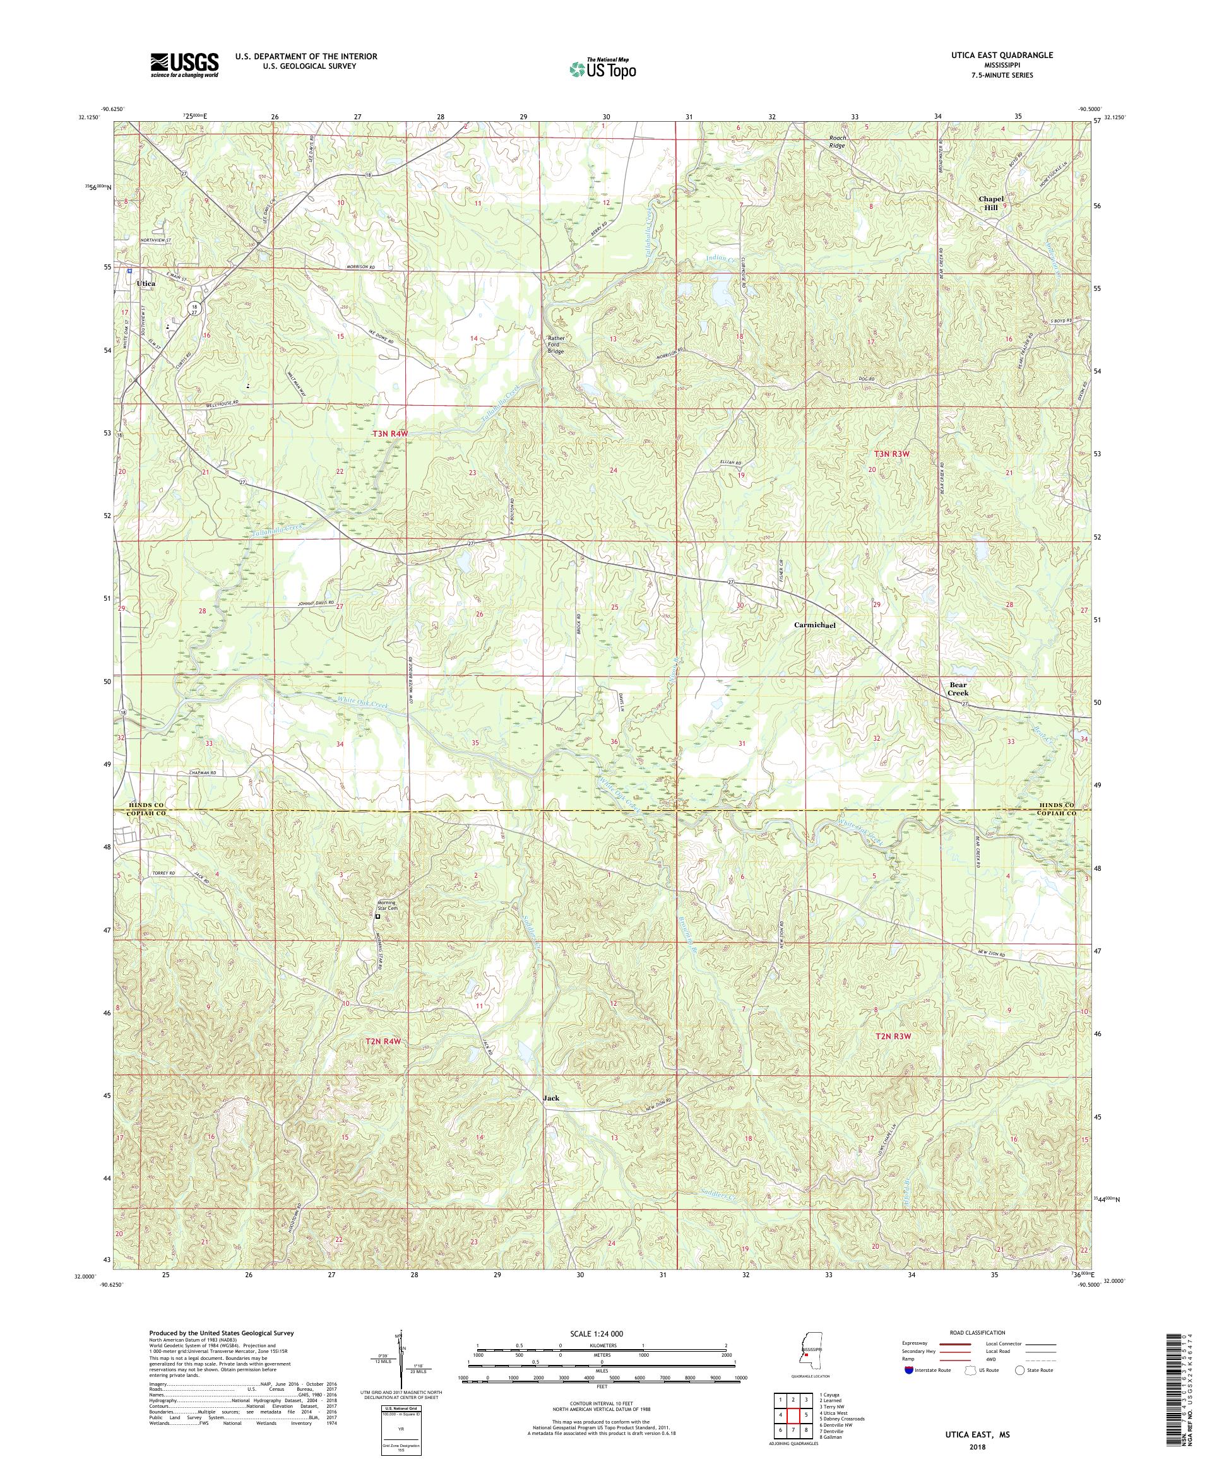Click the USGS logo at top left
click(184, 65)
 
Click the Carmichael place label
click(814, 625)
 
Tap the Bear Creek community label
click(958, 689)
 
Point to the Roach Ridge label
click(837, 142)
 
